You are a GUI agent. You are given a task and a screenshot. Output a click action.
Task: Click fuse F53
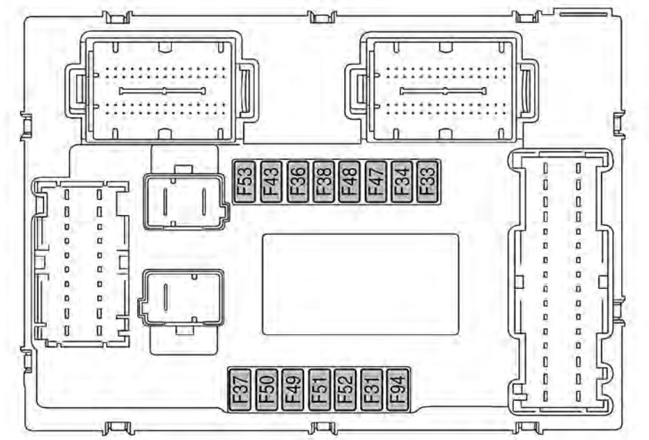tap(244, 182)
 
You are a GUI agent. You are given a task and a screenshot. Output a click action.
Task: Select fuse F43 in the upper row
tap(271, 182)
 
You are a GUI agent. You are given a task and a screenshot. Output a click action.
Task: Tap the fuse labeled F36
tap(297, 182)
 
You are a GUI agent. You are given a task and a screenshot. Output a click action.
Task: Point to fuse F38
tap(324, 182)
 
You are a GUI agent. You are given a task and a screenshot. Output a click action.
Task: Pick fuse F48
tap(350, 182)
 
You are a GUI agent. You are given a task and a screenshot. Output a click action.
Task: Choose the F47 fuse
tap(376, 182)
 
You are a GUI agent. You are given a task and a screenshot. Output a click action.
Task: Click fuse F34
tap(402, 182)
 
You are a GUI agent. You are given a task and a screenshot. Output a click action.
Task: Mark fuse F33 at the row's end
tap(428, 182)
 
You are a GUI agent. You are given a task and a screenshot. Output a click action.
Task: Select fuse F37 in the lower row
tap(240, 390)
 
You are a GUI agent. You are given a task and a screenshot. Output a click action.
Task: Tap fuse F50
tap(267, 390)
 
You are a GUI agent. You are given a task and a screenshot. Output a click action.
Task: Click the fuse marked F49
tap(292, 390)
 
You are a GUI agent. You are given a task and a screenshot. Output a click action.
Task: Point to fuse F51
tap(319, 390)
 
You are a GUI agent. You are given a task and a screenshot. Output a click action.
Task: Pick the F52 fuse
tap(345, 390)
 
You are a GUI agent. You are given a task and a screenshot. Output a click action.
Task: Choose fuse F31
tap(371, 390)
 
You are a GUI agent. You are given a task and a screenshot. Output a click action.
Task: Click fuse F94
tap(398, 390)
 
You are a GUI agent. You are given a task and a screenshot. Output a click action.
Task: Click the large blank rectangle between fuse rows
tap(361, 284)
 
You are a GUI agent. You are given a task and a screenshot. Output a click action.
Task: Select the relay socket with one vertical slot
tap(181, 297)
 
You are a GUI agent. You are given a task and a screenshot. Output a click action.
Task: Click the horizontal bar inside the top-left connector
tap(162, 91)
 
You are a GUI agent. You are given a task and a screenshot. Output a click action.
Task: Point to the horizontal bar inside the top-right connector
tap(443, 91)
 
